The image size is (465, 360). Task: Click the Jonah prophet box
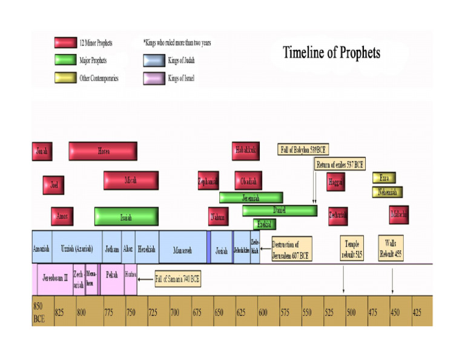pyautogui.click(x=41, y=151)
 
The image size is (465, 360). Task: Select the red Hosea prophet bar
pyautogui.click(x=103, y=151)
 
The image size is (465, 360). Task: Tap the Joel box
pyautogui.click(x=53, y=184)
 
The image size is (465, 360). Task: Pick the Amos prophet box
pyautogui.click(x=62, y=216)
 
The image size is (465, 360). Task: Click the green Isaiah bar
pyautogui.click(x=126, y=216)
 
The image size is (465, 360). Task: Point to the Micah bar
pyautogui.click(x=131, y=180)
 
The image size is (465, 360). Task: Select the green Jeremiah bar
pyautogui.click(x=251, y=198)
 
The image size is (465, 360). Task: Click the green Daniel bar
pyautogui.click(x=280, y=210)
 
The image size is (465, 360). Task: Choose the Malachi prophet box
pyautogui.click(x=399, y=215)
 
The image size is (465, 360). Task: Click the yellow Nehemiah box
pyautogui.click(x=387, y=192)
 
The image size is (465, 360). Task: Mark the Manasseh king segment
pyautogui.click(x=182, y=250)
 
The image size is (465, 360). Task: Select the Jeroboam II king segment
pyautogui.click(x=55, y=278)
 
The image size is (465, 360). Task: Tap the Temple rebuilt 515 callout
pyautogui.click(x=352, y=248)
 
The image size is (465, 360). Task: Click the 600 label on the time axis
pyautogui.click(x=263, y=312)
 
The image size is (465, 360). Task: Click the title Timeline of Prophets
pyautogui.click(x=331, y=53)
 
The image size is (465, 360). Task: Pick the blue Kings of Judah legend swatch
pyautogui.click(x=154, y=60)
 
